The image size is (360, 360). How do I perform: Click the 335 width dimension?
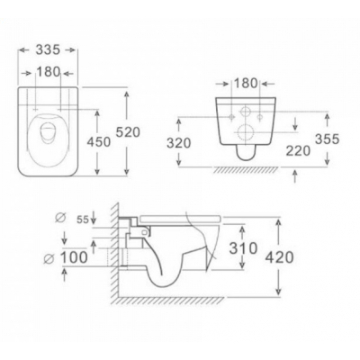[48, 49]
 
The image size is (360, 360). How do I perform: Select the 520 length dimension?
[128, 132]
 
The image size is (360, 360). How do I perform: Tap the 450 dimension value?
[99, 141]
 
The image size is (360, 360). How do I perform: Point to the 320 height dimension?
[179, 143]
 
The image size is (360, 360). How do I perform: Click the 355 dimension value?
[327, 139]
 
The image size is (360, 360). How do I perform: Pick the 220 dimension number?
[298, 150]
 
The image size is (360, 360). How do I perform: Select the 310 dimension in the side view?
[243, 247]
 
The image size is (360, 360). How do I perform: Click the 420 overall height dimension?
[279, 257]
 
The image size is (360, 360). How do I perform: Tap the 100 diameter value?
[74, 257]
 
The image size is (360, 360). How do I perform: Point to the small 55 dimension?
[83, 220]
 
